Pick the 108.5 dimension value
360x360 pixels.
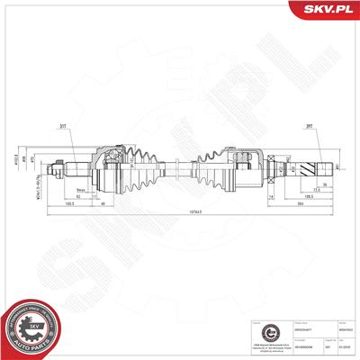pos(307,194)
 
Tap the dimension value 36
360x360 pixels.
pos(324,184)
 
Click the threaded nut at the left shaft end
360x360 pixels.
pos(60,166)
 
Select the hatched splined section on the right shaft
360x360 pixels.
pos(316,166)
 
